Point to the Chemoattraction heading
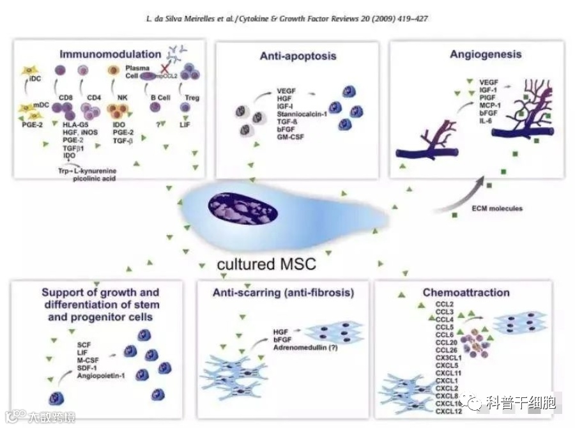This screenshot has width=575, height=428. pyautogui.click(x=466, y=293)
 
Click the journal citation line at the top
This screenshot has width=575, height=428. pyautogui.click(x=286, y=19)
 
